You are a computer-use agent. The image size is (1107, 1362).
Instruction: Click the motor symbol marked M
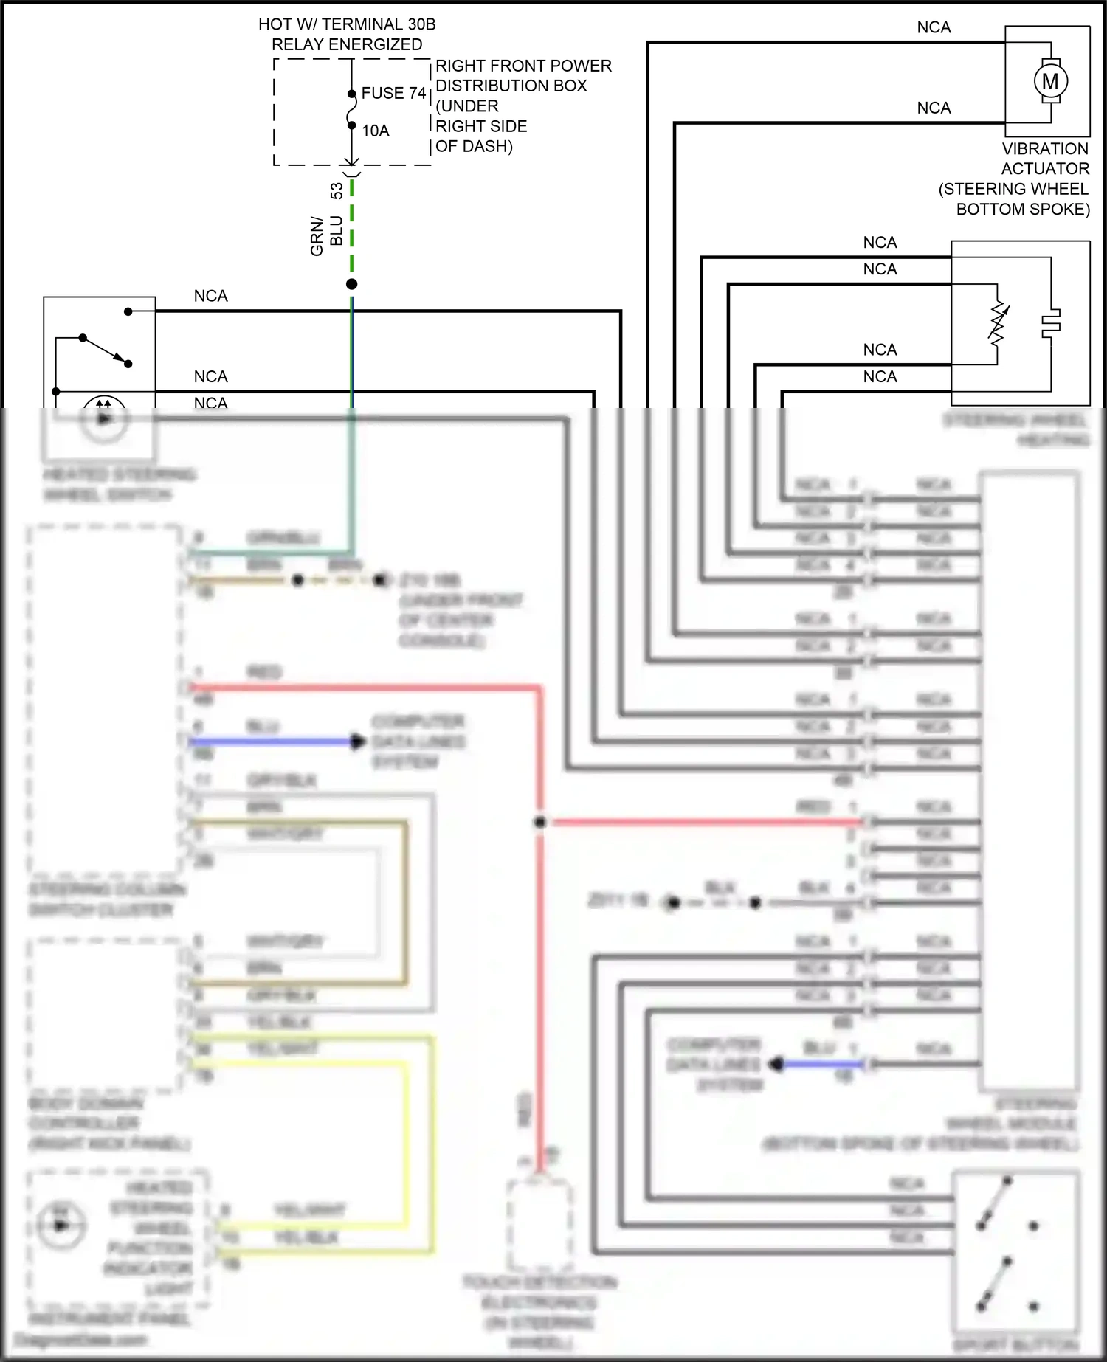[1049, 81]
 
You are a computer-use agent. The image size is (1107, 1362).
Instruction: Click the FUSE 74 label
[393, 94]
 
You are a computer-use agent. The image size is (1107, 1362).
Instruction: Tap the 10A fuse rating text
[375, 131]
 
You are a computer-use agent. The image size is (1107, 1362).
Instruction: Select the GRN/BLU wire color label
[326, 235]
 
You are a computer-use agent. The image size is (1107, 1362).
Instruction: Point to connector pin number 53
[337, 191]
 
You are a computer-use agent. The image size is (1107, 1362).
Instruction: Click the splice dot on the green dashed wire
[352, 284]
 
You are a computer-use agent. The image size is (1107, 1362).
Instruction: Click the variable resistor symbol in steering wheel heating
[998, 325]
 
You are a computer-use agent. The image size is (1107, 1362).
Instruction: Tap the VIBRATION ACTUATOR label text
[1045, 159]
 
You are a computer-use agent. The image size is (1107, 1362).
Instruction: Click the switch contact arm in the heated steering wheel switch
[105, 350]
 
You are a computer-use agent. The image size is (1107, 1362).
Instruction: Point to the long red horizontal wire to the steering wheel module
[701, 821]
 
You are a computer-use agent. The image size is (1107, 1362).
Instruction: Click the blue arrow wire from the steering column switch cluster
[273, 741]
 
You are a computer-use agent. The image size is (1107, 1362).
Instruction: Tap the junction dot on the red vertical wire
[540, 821]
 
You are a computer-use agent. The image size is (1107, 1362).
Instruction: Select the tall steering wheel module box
[1030, 782]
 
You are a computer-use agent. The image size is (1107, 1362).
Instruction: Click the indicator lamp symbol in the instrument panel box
[61, 1226]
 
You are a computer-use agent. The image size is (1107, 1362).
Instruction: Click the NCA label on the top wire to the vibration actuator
[934, 27]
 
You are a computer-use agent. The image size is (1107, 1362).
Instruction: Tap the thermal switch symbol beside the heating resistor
[1050, 323]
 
